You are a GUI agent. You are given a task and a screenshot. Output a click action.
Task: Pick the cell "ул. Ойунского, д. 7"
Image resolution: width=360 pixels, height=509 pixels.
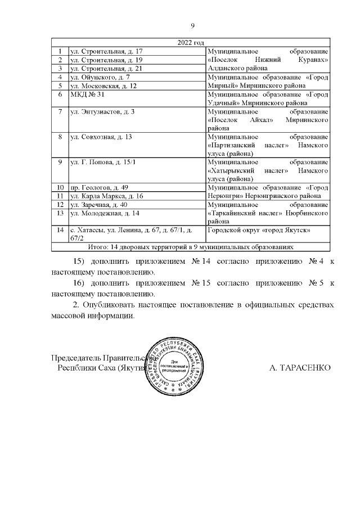click(x=100, y=76)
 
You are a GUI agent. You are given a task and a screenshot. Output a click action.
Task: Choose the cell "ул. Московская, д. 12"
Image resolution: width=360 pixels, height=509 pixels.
click(x=103, y=85)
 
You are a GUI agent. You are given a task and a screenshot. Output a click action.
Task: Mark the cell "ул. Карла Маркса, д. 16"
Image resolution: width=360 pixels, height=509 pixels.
click(x=106, y=196)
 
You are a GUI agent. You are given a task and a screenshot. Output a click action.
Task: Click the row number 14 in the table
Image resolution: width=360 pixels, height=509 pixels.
click(x=59, y=229)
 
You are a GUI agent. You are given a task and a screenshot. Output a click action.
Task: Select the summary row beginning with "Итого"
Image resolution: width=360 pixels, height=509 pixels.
click(x=192, y=247)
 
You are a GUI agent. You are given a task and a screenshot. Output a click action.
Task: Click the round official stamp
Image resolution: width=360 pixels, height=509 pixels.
click(x=179, y=368)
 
